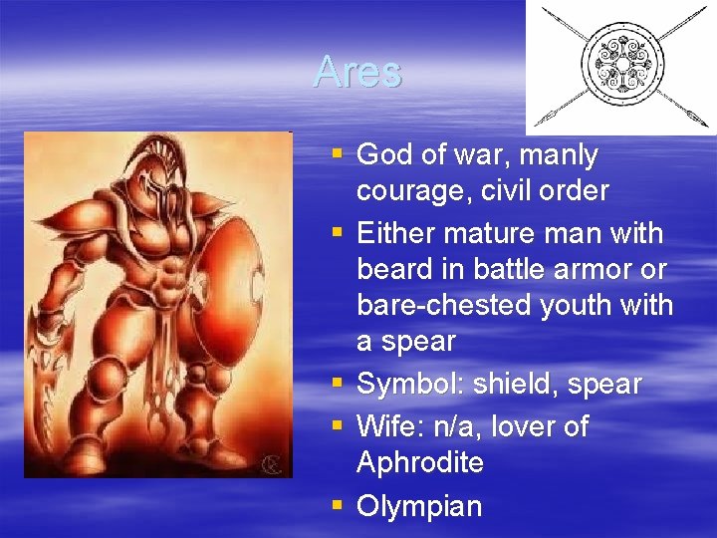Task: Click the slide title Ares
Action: pos(357,72)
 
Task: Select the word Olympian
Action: pos(419,506)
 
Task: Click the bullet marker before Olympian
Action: pos(337,505)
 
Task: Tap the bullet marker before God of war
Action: pos(337,154)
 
